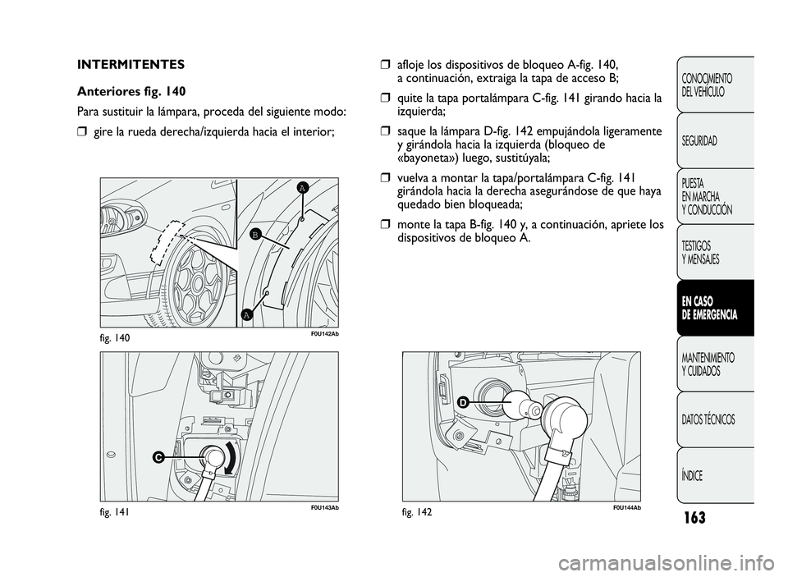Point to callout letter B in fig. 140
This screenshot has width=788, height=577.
point(255,234)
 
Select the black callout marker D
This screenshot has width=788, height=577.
point(462,401)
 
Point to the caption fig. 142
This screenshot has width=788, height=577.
point(418,512)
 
